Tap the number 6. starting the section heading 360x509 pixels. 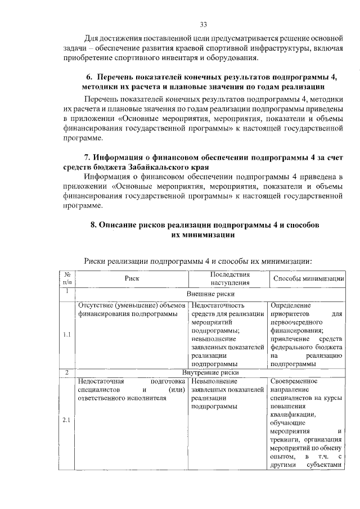pyautogui.click(x=89, y=77)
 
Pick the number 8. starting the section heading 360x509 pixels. pyautogui.click(x=94, y=225)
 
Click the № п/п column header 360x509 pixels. pyautogui.click(x=66, y=278)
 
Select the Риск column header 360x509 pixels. pyautogui.click(x=132, y=278)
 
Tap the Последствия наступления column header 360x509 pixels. pyautogui.click(x=227, y=278)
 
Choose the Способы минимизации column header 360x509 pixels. pyautogui.click(x=308, y=278)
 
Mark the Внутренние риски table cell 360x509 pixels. pyautogui.click(x=210, y=372)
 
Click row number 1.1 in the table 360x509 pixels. pyautogui.click(x=66, y=335)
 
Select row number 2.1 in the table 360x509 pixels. pyautogui.click(x=66, y=421)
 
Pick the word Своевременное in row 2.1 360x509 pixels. pyautogui.click(x=294, y=381)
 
